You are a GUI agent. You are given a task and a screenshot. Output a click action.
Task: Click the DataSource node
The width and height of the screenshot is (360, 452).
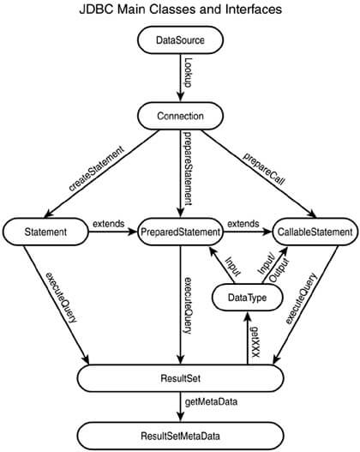(180, 39)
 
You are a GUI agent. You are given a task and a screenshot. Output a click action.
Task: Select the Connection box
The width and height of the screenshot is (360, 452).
(180, 116)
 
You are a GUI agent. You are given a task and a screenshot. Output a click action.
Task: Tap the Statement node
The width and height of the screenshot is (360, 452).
(45, 232)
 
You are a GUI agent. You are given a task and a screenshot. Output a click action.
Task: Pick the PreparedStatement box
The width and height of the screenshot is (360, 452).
(180, 232)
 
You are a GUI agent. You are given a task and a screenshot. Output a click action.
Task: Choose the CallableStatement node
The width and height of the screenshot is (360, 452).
(315, 232)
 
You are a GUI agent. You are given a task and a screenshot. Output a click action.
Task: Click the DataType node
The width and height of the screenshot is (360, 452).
(248, 298)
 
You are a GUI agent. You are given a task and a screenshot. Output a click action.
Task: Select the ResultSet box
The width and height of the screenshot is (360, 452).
(180, 378)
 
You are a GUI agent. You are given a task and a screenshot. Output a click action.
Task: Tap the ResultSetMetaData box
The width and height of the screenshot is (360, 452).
(180, 436)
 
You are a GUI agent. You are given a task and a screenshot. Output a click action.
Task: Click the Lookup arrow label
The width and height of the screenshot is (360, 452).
(188, 72)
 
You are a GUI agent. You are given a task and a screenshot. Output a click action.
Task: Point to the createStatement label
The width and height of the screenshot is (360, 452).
(97, 168)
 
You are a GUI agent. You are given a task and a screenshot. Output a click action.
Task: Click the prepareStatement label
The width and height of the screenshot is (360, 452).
(188, 168)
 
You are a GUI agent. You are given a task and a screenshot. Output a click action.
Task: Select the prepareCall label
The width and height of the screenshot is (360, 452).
(264, 169)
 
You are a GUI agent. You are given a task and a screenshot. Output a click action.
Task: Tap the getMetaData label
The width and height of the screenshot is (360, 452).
(211, 402)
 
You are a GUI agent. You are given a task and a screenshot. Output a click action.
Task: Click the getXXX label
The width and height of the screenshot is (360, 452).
(255, 342)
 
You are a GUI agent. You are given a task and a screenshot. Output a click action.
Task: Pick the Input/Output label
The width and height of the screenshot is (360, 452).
(273, 268)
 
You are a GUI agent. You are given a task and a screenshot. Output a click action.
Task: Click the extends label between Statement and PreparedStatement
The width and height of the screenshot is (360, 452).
(109, 224)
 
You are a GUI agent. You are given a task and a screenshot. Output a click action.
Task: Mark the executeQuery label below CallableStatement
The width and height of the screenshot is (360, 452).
(301, 298)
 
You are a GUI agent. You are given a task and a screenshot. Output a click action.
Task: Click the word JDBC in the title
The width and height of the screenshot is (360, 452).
(96, 9)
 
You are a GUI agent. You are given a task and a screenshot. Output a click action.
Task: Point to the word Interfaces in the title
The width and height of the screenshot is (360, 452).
(254, 9)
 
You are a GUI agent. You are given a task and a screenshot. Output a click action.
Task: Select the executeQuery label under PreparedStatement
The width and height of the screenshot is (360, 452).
(188, 305)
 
